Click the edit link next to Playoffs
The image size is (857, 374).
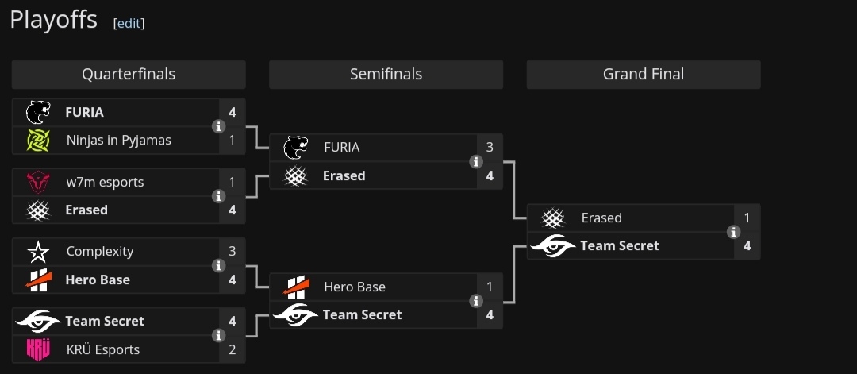coord(129,23)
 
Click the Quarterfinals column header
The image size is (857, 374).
coord(129,75)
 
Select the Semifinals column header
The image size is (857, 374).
coord(386,75)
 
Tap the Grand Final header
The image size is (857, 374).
coord(643,75)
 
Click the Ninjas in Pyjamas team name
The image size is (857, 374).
coord(118,141)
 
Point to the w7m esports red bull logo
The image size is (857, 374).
coord(38,183)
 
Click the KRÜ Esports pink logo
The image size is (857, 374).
coord(38,349)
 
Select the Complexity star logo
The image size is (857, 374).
coord(38,253)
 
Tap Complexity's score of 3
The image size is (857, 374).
coord(232,252)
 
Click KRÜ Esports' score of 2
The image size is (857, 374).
coord(232,349)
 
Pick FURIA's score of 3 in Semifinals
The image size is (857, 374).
coord(490,148)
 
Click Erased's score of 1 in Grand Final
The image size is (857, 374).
coord(747,218)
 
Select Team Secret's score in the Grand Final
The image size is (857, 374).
coord(747,246)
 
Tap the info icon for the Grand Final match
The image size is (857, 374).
coord(733,232)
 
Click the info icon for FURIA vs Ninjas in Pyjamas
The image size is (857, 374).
coord(219,126)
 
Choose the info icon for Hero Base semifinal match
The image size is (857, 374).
coord(476,301)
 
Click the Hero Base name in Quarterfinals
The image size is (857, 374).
coord(98,280)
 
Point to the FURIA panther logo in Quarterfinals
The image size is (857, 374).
coord(38,112)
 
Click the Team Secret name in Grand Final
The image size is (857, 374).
coord(619,246)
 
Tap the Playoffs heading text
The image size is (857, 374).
coord(53,20)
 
